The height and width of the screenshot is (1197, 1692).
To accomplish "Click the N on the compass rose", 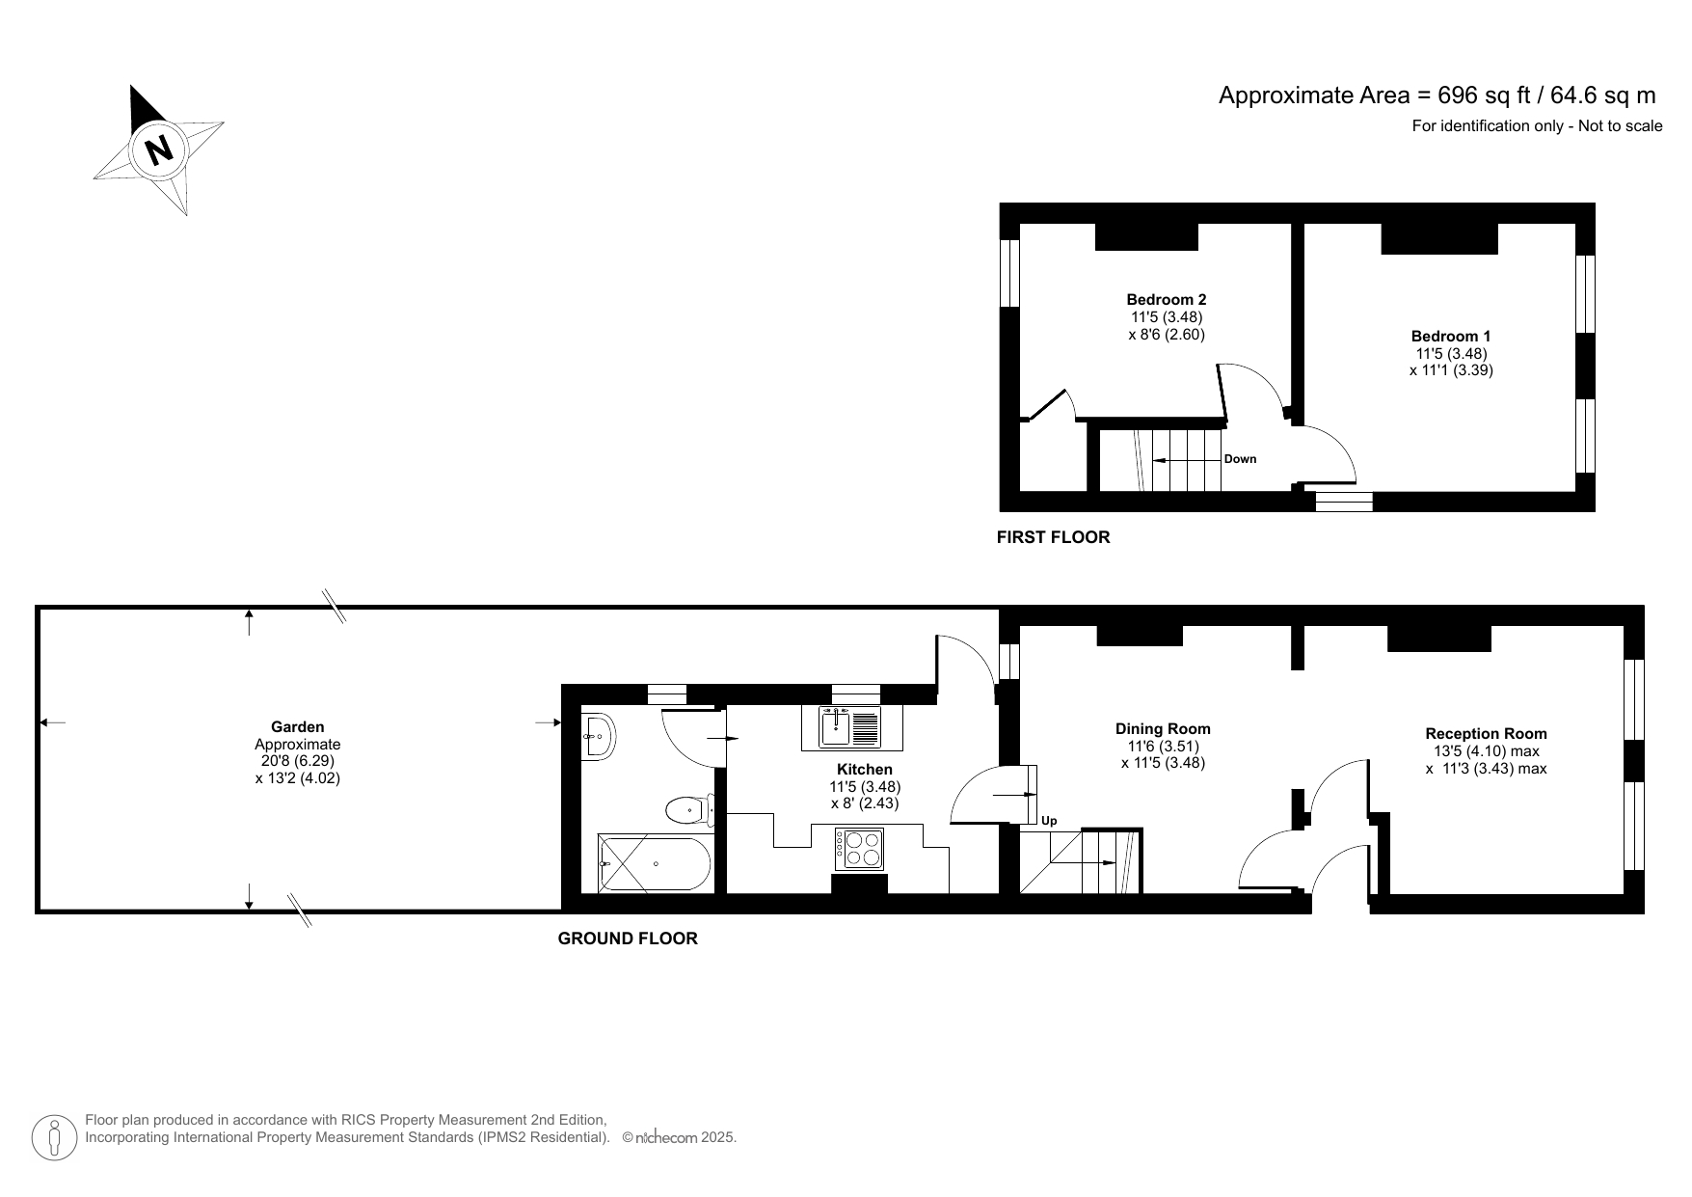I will pyautogui.click(x=158, y=150).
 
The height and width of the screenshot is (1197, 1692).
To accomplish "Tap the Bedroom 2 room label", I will pyautogui.click(x=1167, y=300).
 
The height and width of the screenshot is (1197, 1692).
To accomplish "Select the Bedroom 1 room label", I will pyautogui.click(x=1451, y=337).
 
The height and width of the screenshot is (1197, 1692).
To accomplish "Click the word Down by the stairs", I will pyautogui.click(x=1240, y=459).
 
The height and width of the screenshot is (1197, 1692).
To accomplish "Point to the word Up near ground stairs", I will pyautogui.click(x=1049, y=821).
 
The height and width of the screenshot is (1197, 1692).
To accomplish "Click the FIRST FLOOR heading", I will pyautogui.click(x=1053, y=537).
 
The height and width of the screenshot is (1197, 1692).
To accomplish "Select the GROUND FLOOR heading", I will pyautogui.click(x=628, y=939).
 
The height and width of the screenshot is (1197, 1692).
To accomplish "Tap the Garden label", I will pyautogui.click(x=297, y=727).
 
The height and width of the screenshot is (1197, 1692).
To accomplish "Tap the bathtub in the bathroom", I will pyautogui.click(x=654, y=863).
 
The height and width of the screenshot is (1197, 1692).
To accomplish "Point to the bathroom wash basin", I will pyautogui.click(x=598, y=737).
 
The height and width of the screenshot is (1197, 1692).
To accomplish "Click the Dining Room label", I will pyautogui.click(x=1163, y=729).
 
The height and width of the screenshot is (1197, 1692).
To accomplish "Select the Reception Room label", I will pyautogui.click(x=1486, y=734).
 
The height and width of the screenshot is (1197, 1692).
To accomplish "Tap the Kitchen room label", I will pyautogui.click(x=864, y=770).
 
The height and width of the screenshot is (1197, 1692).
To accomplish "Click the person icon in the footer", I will pyautogui.click(x=55, y=1138).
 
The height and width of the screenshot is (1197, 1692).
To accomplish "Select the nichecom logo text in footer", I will pyautogui.click(x=666, y=1138).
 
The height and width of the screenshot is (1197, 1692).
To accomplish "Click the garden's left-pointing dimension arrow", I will pyautogui.click(x=50, y=721).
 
